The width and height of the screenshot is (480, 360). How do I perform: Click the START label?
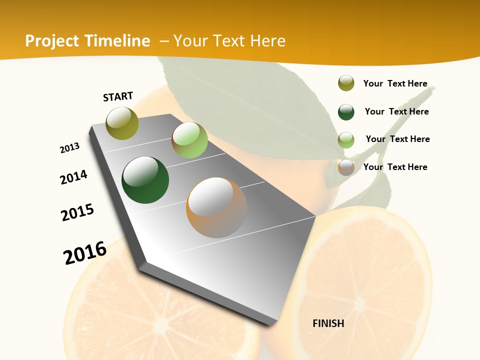[118, 96]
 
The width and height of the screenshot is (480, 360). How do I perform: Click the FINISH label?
[328, 323]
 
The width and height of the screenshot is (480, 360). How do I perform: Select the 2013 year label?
[70, 148]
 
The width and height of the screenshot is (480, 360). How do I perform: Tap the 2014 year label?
[74, 177]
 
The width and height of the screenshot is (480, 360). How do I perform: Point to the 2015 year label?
[77, 212]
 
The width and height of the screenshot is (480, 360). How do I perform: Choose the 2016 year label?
[85, 252]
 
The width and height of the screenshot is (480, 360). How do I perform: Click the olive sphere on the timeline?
[122, 123]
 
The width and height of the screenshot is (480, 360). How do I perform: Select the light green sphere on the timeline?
[189, 140]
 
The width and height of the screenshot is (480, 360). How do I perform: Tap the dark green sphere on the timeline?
[145, 180]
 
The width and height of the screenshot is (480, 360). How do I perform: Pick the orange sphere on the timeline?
[216, 207]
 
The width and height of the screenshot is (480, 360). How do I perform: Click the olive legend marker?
[346, 83]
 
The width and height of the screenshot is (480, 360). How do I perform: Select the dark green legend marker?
[346, 112]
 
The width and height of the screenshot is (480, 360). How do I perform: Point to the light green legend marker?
[346, 140]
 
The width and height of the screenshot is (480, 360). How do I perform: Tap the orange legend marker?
[346, 167]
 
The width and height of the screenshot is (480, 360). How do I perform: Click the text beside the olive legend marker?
[395, 83]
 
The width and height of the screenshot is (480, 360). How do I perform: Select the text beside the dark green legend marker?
[396, 111]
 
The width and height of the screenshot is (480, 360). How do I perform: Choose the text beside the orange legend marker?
[395, 167]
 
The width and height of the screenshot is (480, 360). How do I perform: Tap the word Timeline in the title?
[118, 41]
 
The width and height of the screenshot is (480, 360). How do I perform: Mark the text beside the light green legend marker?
[397, 139]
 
